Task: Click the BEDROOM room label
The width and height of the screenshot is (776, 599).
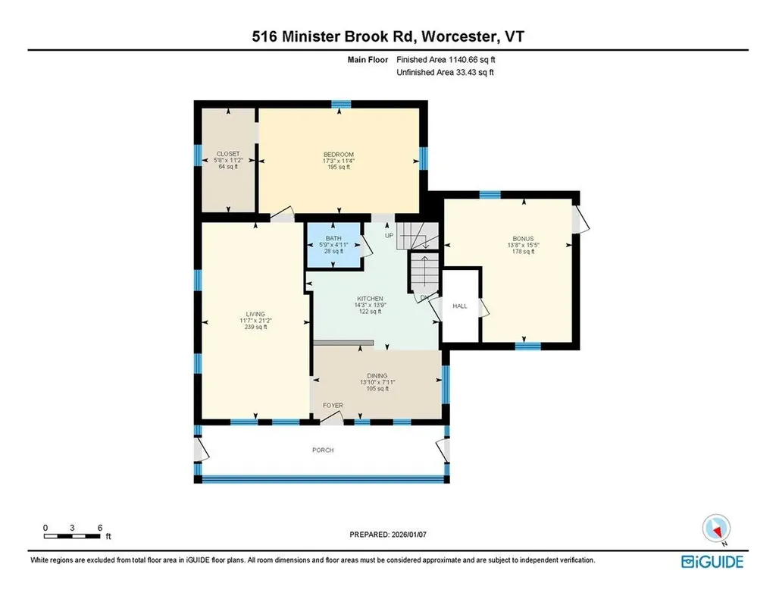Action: [x=339, y=155]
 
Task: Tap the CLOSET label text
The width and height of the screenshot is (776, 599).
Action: [x=228, y=154]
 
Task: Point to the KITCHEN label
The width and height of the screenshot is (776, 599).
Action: [x=370, y=299]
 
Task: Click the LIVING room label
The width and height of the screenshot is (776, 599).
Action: [x=255, y=314]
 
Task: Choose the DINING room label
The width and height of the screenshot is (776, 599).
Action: [x=377, y=376]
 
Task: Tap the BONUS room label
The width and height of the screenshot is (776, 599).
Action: [x=521, y=239]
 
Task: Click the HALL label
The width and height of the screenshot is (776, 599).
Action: [x=460, y=306]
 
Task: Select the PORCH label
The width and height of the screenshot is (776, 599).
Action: [x=323, y=450]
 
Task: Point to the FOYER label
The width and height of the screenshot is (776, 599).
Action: [x=333, y=406]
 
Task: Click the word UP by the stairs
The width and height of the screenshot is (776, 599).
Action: [x=390, y=236]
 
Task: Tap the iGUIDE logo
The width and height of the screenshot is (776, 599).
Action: [x=712, y=561]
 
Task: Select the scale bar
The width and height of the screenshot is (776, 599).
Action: [x=73, y=537]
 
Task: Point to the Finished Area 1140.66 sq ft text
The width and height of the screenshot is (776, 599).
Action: [x=446, y=59]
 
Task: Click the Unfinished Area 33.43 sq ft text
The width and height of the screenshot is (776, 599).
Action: [x=446, y=73]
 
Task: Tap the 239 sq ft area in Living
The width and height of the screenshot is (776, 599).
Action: [x=255, y=327]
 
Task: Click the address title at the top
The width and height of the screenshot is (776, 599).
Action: [x=388, y=36]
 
